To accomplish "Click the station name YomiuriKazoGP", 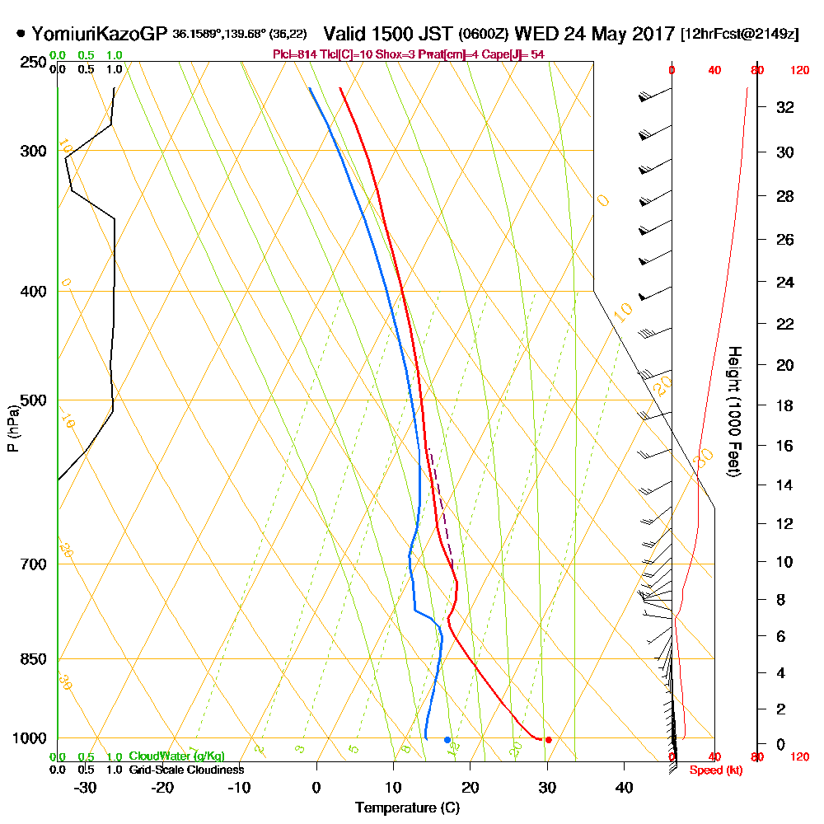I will pyautogui.click(x=99, y=35).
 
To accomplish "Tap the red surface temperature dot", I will pyautogui.click(x=548, y=739).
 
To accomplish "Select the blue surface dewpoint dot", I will pyautogui.click(x=447, y=739).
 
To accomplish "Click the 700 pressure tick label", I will pyautogui.click(x=33, y=564).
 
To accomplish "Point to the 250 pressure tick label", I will pyautogui.click(x=33, y=63).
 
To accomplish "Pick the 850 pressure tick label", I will pyautogui.click(x=33, y=659).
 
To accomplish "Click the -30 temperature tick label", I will pyautogui.click(x=86, y=788).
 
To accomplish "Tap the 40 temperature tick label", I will pyautogui.click(x=624, y=788).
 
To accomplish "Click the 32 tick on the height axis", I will pyautogui.click(x=785, y=107).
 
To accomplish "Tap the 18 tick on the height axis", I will pyautogui.click(x=785, y=405).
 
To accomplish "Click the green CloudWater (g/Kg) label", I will pyautogui.click(x=176, y=756).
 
